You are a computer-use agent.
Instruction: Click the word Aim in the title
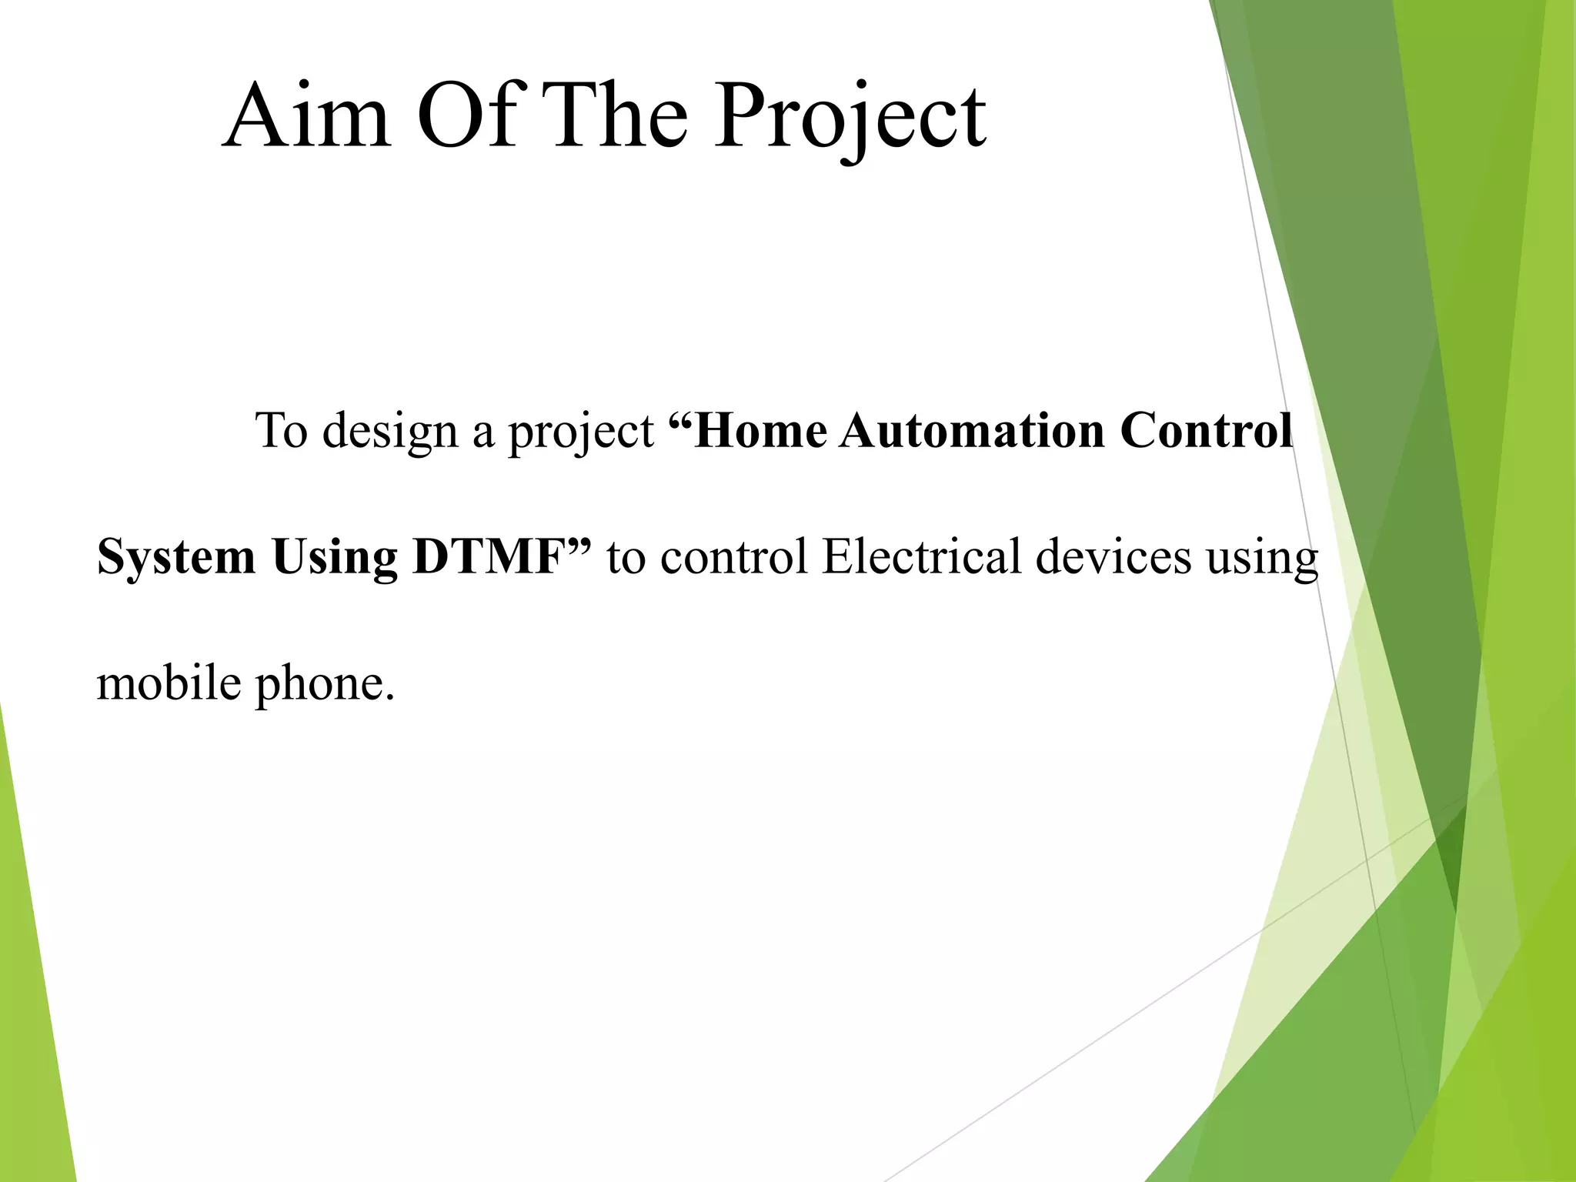coord(306,117)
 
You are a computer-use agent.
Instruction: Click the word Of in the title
coord(466,117)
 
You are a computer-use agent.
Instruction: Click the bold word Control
coord(1205,431)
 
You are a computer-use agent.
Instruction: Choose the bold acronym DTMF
coord(489,556)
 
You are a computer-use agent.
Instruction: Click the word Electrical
coord(921,556)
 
